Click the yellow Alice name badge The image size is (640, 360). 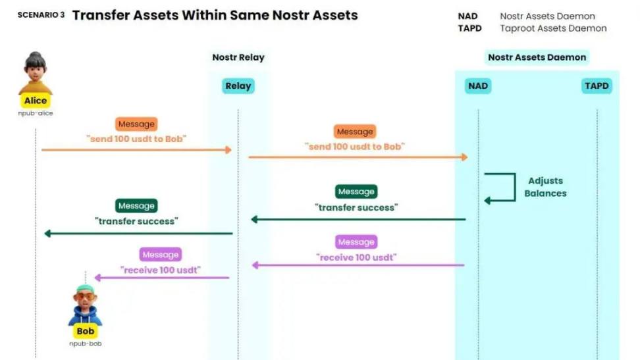coord(36,101)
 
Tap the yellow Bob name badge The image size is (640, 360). coord(86,331)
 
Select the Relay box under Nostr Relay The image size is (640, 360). coord(238,86)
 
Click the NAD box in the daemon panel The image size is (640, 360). coord(478,86)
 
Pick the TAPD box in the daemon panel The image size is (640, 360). coord(597,86)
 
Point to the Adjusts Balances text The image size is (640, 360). coord(545,187)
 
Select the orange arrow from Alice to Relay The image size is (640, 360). coord(136,150)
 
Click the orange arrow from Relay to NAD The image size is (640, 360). coord(358,157)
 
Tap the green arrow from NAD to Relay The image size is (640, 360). coord(358,219)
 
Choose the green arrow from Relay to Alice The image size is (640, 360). coord(138,234)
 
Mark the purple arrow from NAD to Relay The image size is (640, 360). coord(358,265)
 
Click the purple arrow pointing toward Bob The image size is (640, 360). coord(161,278)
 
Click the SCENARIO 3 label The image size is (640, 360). coord(41,15)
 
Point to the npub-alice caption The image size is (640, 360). coord(36,113)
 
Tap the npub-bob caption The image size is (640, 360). coord(86,344)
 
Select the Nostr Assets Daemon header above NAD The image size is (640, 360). coord(537,57)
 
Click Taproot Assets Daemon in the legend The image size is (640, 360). coord(554,28)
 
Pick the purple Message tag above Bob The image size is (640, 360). coord(161,254)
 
